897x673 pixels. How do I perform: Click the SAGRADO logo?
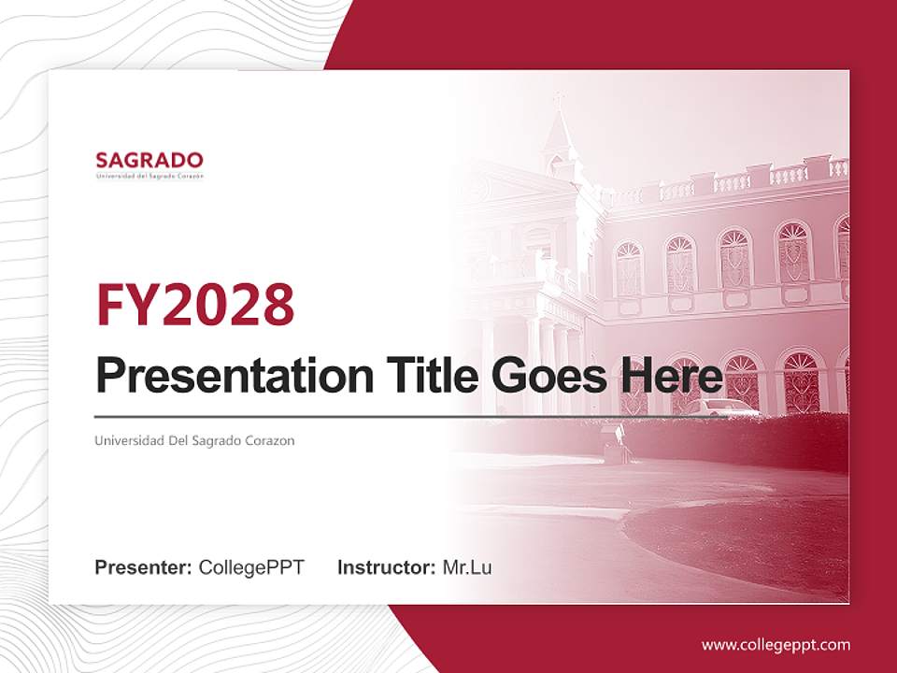coord(149,160)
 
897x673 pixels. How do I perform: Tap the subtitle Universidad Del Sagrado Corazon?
coord(194,440)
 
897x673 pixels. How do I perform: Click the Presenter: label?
coord(144,567)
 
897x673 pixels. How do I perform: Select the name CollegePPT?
coord(251,567)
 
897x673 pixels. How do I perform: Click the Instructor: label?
coord(386,567)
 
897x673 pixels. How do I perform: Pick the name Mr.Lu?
coord(467,567)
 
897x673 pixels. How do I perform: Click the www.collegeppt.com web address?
coord(776,644)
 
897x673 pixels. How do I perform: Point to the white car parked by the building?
coord(727,407)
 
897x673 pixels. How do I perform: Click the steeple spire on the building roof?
coord(559,126)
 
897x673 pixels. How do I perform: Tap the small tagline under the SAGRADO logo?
coord(149,176)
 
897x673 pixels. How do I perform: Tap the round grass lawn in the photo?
coord(738,542)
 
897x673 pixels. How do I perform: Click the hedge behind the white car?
coord(794,439)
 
